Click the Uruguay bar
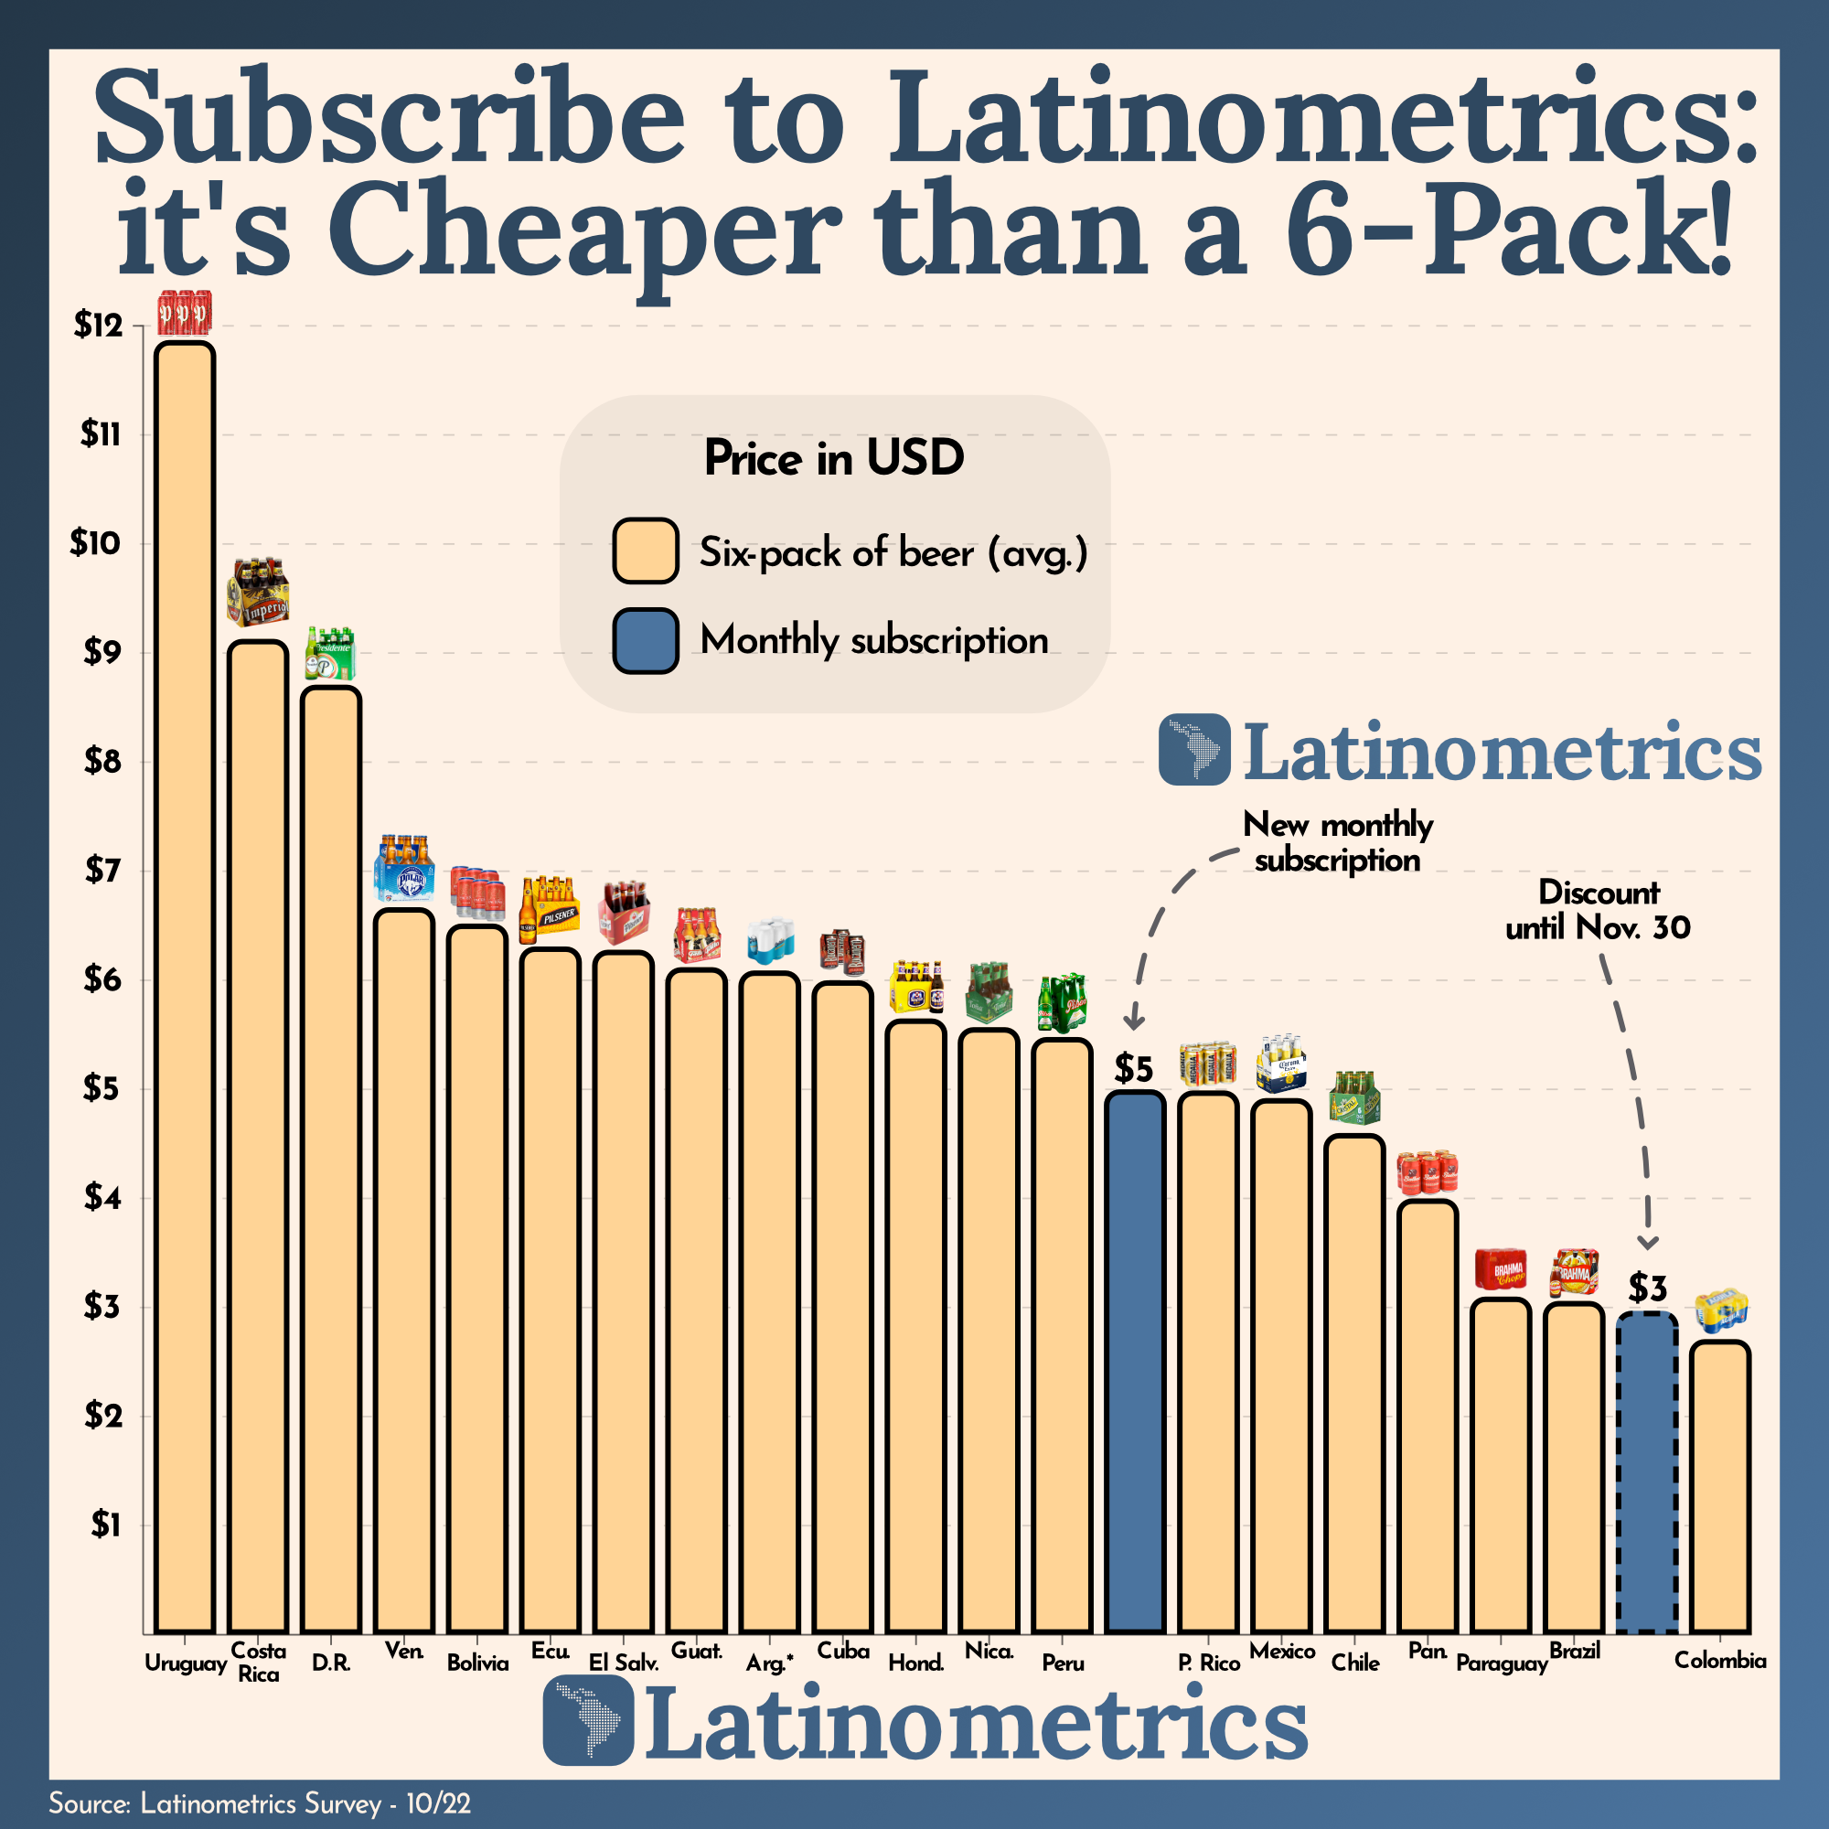(185, 985)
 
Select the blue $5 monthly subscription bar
(1135, 1364)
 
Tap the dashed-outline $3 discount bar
(1647, 1473)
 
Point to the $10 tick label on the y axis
(97, 543)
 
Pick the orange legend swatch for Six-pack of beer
(645, 551)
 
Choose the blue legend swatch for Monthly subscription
(645, 641)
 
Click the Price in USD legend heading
(834, 459)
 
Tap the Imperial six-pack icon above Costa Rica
(258, 593)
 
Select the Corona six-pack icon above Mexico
(1281, 1064)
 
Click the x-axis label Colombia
(1720, 1661)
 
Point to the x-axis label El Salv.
(623, 1663)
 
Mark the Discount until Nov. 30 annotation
(1598, 910)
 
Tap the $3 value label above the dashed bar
(1647, 1289)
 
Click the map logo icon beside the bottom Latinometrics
(588, 1720)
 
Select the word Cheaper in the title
(583, 232)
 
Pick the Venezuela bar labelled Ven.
(404, 1268)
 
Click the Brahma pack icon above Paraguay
(1501, 1269)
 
